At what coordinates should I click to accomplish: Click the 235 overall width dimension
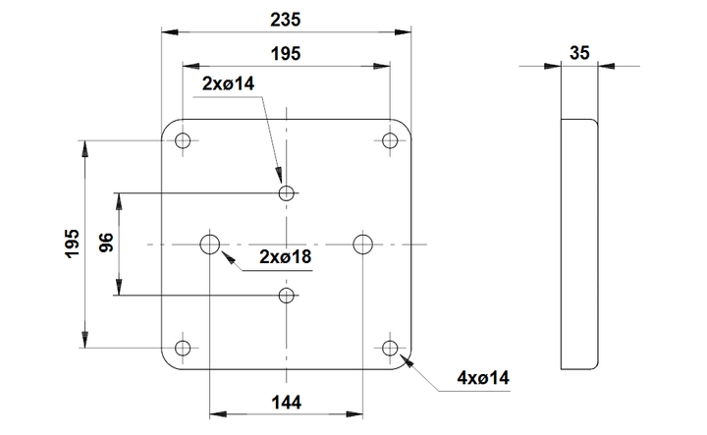click(286, 20)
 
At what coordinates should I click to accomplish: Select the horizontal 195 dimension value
click(286, 54)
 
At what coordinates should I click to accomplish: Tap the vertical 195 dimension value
click(73, 244)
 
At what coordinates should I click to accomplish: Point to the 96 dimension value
click(106, 243)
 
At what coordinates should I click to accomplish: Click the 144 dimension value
click(287, 402)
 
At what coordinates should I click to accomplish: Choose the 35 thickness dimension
click(579, 53)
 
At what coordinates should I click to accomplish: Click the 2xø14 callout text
click(228, 83)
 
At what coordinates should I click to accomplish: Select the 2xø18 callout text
click(286, 256)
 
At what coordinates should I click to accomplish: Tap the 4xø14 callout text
click(483, 378)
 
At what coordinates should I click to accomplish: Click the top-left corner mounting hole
click(183, 140)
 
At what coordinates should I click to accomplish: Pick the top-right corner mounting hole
click(390, 140)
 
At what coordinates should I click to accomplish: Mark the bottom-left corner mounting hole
click(183, 348)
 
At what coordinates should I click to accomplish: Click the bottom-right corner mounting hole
click(390, 348)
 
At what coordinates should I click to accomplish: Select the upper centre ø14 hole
click(287, 193)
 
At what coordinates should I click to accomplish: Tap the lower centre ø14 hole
click(287, 296)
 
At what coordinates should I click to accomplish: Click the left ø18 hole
click(210, 245)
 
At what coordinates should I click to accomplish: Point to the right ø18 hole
click(363, 245)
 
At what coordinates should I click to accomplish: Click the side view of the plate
click(579, 245)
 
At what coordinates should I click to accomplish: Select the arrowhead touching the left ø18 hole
click(228, 258)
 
